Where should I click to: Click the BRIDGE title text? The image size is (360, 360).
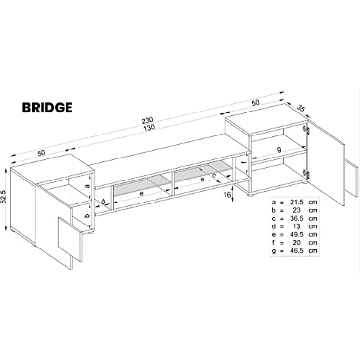point(47,108)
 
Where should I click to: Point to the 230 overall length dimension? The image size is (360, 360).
point(147,120)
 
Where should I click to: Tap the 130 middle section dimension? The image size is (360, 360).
point(149,128)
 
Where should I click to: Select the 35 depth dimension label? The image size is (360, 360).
point(301,108)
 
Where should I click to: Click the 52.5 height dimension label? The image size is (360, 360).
point(4,197)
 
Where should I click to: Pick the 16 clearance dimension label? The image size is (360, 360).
point(227,195)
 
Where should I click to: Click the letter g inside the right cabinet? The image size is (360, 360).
point(279,150)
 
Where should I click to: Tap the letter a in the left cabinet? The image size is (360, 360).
point(87,186)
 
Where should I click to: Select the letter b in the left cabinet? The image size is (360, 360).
point(87,216)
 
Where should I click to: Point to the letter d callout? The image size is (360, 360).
point(103,202)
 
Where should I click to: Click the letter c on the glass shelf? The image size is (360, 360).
point(214,176)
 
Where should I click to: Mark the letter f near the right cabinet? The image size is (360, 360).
point(244,162)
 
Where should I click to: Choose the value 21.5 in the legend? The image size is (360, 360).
point(296,202)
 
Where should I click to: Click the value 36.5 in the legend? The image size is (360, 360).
point(296,218)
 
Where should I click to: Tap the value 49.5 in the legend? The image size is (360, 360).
point(296,235)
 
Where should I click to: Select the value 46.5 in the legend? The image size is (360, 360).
point(296,251)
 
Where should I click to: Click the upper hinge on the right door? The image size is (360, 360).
point(306,130)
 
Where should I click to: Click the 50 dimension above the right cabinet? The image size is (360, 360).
point(255,103)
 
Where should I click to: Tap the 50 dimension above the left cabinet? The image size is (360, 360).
point(41,153)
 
